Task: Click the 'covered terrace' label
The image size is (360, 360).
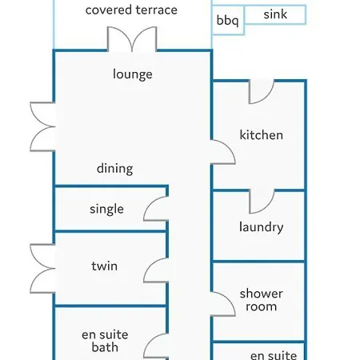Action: click(131, 10)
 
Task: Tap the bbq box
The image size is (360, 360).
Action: click(228, 21)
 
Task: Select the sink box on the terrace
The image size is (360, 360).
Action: click(275, 14)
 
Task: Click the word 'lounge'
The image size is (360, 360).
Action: click(133, 74)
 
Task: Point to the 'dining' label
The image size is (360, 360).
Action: click(115, 169)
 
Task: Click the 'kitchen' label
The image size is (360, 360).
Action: click(262, 135)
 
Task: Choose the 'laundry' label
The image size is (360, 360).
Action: click(262, 227)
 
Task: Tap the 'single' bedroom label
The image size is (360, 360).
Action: click(106, 210)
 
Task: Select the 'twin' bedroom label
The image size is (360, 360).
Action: click(105, 266)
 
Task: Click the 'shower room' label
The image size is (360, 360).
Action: click(262, 300)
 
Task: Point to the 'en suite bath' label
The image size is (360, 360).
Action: click(105, 341)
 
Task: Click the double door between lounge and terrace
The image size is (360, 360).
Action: click(132, 39)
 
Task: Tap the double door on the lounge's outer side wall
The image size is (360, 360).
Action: click(42, 126)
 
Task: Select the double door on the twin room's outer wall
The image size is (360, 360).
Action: click(42, 269)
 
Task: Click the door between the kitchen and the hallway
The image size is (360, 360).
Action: click(223, 152)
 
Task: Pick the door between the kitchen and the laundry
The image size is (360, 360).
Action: click(262, 202)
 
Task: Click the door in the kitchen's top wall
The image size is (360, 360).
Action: click(262, 91)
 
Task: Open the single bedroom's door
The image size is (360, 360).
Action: click(156, 209)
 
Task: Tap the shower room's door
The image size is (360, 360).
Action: click(223, 304)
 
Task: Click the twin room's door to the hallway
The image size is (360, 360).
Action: click(156, 270)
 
